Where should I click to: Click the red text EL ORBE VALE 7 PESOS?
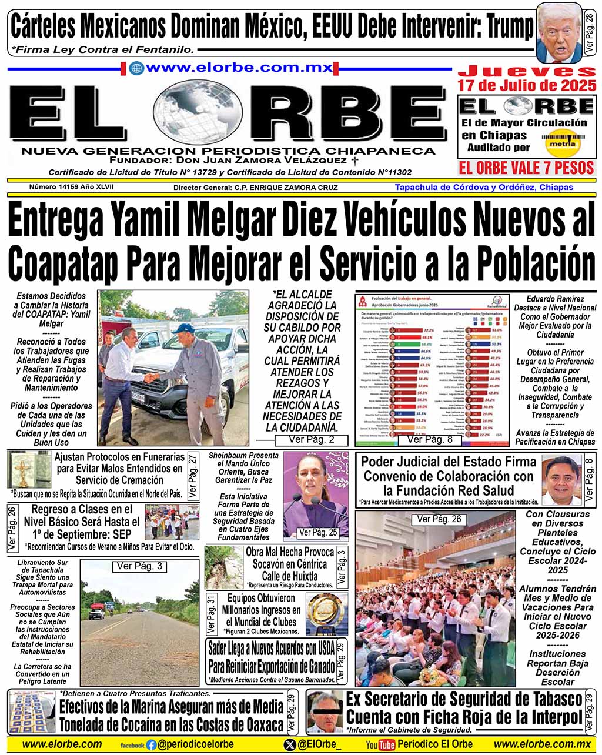pyautogui.click(x=526, y=168)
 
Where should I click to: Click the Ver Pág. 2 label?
pyautogui.click(x=312, y=440)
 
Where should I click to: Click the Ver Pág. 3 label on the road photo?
pyautogui.click(x=139, y=566)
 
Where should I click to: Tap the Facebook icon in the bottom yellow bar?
pyautogui.click(x=151, y=744)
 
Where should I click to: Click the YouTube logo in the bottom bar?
pyautogui.click(x=380, y=744)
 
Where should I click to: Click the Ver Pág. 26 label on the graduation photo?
pyautogui.click(x=439, y=519)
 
